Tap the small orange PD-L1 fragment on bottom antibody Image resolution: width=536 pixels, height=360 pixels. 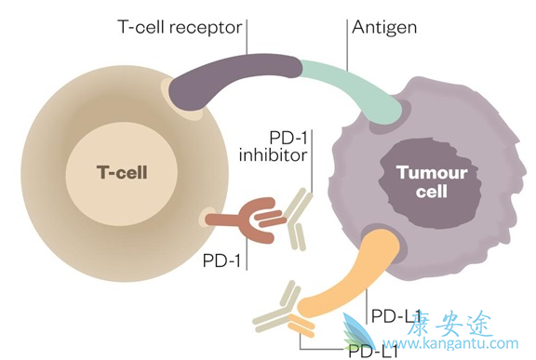tap(301, 327)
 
